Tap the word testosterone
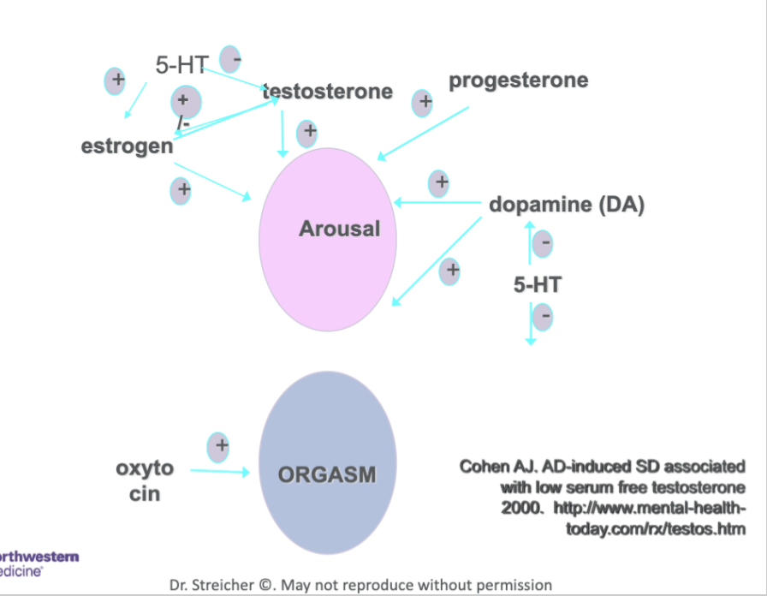coord(328,92)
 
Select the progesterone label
coord(518,80)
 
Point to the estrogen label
coord(127,146)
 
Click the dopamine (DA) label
coord(566,205)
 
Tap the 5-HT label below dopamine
coord(538,285)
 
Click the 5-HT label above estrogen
coord(181,65)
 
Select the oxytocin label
coord(144,480)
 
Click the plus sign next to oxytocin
coord(219,446)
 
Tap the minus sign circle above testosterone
coord(230,59)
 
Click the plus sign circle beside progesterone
coord(422,103)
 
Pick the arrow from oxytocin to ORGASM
coord(219,471)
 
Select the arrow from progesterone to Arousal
coord(423,134)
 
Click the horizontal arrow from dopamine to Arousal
coord(437,204)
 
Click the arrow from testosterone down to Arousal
coord(282,134)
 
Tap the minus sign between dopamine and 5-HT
coord(543,244)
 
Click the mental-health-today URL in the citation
coord(655,519)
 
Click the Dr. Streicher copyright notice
coord(360,585)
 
